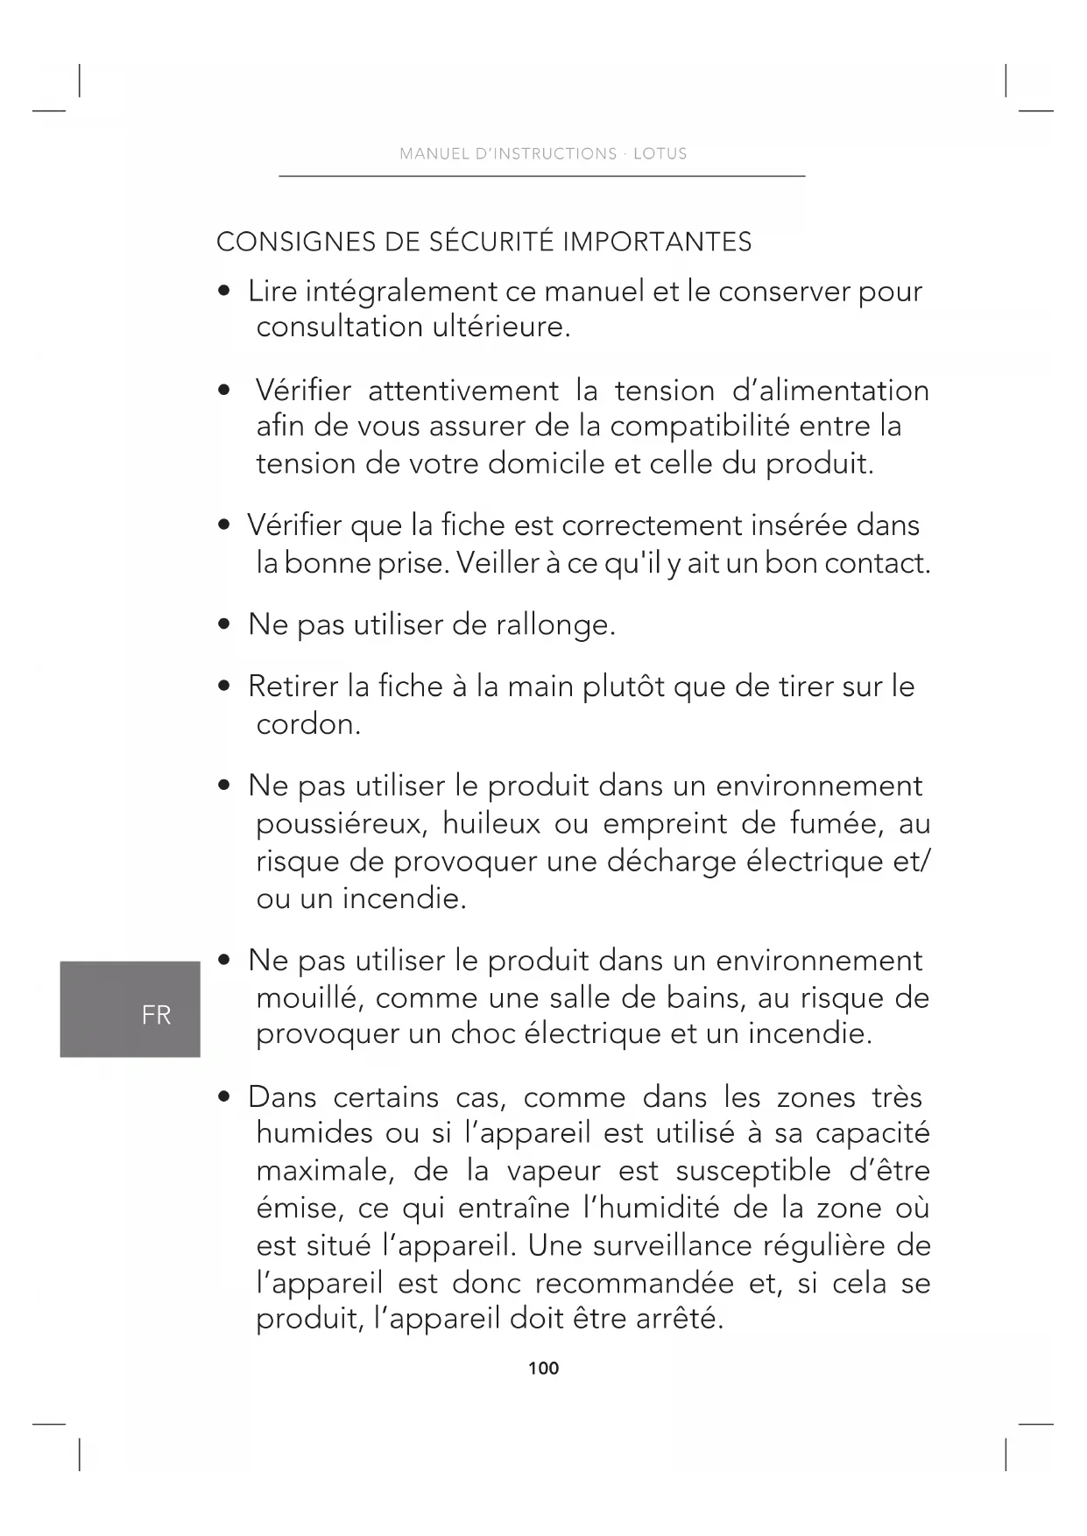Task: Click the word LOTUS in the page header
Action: (660, 154)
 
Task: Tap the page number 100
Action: (543, 1368)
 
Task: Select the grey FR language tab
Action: (131, 1009)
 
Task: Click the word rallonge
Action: (555, 625)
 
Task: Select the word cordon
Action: (307, 724)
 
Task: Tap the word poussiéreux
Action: (341, 824)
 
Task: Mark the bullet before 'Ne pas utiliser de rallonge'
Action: (225, 625)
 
